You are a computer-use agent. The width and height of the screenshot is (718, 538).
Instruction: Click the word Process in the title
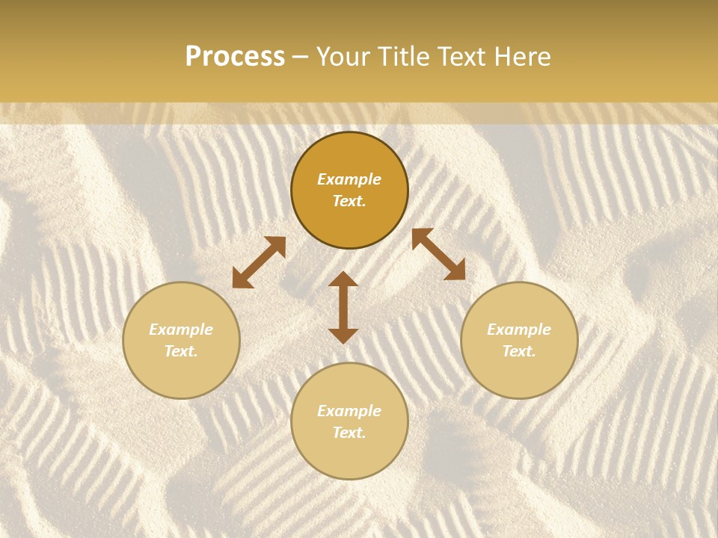click(235, 57)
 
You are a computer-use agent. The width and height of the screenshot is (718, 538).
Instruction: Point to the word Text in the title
click(463, 57)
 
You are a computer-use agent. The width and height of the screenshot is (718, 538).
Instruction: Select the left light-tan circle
click(181, 374)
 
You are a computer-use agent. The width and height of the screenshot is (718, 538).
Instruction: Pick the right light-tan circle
click(519, 374)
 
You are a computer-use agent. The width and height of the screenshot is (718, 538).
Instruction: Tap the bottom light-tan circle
click(349, 456)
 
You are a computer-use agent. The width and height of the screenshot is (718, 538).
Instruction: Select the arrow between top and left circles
click(259, 262)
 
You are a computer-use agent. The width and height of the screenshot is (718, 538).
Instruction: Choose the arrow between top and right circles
click(438, 254)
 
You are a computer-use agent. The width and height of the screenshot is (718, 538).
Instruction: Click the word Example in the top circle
click(349, 179)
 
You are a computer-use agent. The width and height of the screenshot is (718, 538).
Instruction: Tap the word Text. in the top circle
click(349, 201)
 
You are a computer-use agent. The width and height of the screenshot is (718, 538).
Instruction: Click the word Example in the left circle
click(181, 330)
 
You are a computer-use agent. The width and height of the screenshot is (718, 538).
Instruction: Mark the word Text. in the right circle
click(519, 351)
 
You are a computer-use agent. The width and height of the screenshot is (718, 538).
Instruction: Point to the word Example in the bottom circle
click(349, 411)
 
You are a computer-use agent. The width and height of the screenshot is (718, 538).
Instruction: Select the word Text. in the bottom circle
click(349, 433)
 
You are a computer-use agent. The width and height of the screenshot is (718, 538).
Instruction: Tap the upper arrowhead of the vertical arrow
click(343, 279)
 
